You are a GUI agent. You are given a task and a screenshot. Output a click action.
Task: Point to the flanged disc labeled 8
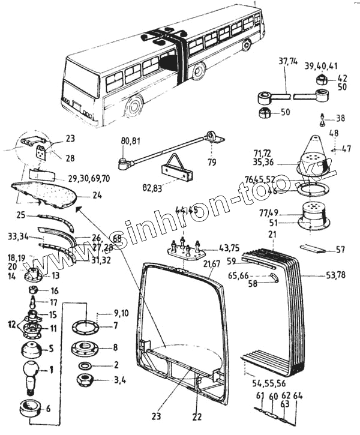click(x=85, y=349)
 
